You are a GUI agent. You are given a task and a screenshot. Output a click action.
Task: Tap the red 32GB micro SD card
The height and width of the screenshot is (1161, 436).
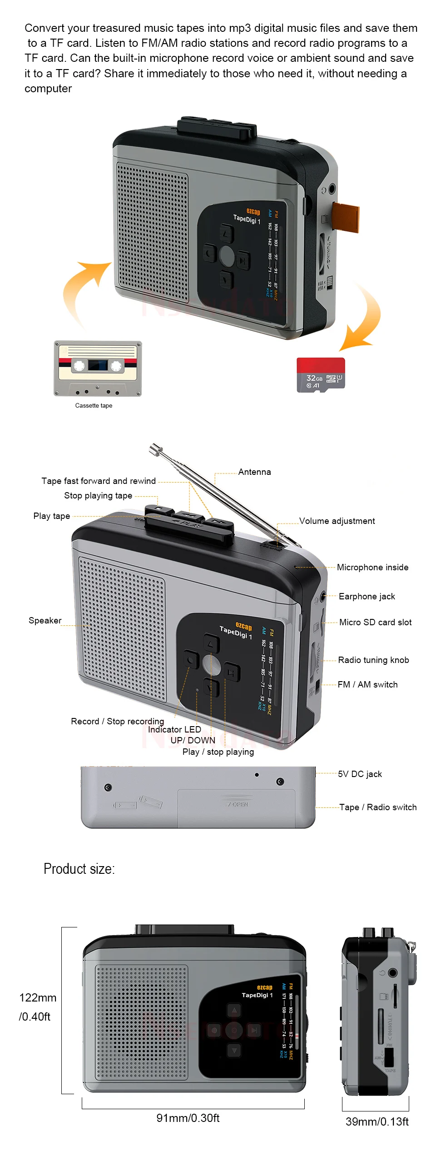(321, 375)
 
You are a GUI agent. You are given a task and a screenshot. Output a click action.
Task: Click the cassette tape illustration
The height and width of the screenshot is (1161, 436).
(98, 368)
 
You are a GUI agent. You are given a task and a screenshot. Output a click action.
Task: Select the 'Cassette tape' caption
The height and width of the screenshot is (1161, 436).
(94, 405)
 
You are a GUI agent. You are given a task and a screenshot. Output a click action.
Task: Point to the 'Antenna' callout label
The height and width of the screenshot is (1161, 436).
(254, 472)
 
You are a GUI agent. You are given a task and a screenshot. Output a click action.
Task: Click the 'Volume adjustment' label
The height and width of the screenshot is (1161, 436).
(337, 521)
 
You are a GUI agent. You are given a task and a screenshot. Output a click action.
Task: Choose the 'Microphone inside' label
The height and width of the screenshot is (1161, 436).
(372, 568)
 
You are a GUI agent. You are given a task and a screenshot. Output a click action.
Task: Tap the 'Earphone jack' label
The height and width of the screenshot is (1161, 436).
(367, 597)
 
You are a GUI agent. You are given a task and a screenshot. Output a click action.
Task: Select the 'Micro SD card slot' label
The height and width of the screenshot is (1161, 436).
(376, 623)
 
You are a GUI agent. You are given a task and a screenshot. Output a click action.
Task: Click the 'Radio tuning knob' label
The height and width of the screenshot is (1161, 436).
(373, 660)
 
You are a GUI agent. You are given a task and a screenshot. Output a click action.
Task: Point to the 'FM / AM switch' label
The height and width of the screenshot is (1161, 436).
(367, 685)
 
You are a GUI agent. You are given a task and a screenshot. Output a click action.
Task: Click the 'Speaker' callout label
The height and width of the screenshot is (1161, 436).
(45, 621)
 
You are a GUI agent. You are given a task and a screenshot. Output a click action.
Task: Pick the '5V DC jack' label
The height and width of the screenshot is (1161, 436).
(360, 774)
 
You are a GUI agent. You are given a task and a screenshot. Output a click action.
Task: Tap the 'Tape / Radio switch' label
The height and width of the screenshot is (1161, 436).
(378, 807)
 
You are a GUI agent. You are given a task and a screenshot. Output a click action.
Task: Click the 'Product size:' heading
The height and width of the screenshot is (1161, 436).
(79, 869)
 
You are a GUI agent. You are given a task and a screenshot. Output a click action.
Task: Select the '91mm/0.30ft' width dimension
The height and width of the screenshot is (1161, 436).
(188, 1118)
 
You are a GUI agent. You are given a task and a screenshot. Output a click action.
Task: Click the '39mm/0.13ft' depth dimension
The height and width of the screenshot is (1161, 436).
(377, 1122)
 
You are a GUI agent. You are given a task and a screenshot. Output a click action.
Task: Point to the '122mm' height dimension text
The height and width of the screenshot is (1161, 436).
(38, 998)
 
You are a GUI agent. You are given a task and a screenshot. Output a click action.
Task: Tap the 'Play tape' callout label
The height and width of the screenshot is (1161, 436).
(52, 516)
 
